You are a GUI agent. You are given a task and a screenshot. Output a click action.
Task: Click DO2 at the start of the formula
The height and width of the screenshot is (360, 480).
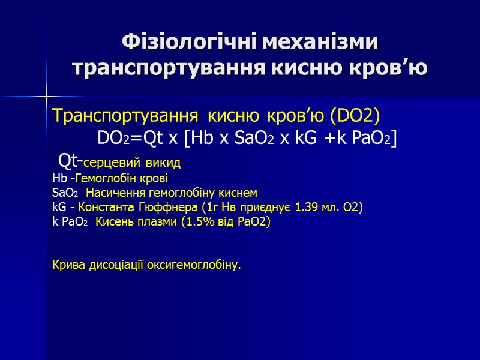113,139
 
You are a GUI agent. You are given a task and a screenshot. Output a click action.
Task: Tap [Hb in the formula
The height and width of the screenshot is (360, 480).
199,139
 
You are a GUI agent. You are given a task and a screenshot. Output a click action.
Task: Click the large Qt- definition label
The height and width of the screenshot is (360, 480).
69,161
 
